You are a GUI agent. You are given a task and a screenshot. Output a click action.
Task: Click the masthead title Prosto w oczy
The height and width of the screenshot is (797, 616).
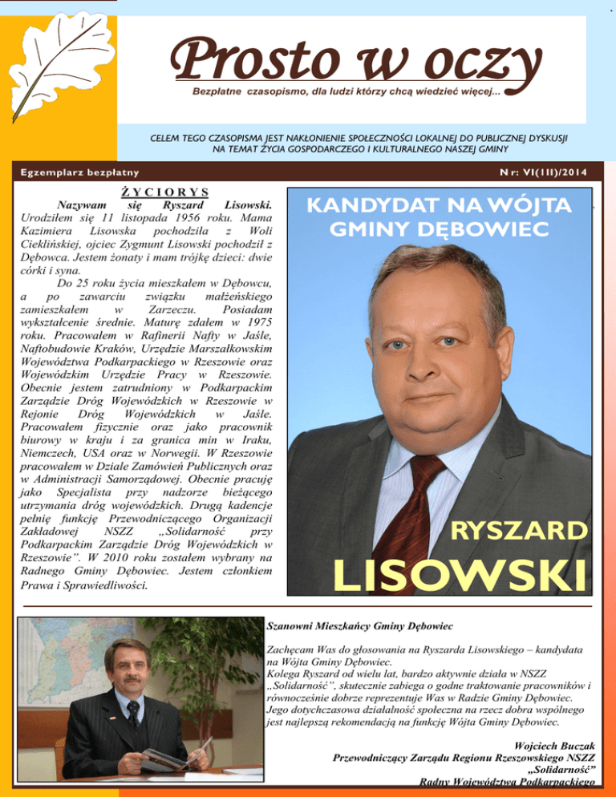click(x=354, y=61)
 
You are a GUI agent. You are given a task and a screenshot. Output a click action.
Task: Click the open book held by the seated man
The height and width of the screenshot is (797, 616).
click(x=172, y=756)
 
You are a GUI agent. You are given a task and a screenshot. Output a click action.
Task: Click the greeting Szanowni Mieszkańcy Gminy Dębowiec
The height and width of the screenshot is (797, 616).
click(x=360, y=624)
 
